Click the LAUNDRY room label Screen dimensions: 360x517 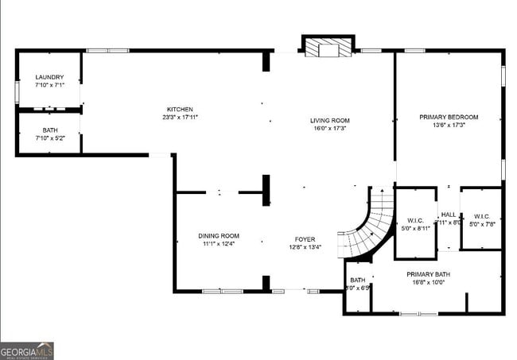(49, 76)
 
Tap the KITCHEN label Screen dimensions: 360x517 (180, 109)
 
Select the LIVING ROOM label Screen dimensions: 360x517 (329, 121)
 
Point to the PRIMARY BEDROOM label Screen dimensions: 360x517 (449, 117)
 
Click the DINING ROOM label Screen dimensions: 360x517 (219, 236)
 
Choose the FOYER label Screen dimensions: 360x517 (305, 239)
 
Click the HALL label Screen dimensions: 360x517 (449, 215)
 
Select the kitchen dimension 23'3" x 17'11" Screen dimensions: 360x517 (180, 117)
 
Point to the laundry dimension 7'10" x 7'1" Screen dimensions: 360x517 (49, 84)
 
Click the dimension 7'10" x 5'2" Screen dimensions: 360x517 (49, 138)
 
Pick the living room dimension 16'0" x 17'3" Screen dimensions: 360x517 (329, 129)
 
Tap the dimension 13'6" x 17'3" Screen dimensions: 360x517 (449, 125)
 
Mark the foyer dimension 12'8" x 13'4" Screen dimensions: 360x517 (305, 247)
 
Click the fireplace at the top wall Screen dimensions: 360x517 (328, 47)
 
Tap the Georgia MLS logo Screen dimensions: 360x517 (26, 351)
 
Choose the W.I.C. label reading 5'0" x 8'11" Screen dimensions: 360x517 (416, 224)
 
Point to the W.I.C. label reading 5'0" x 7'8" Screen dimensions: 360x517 (481, 220)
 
